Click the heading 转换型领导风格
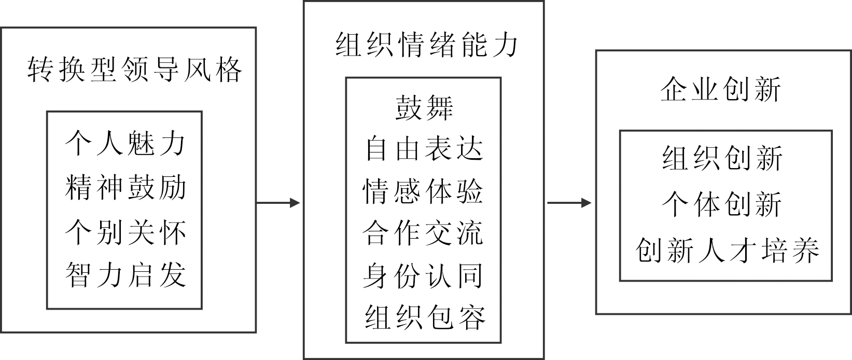click(134, 70)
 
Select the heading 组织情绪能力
click(426, 45)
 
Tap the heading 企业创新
click(720, 89)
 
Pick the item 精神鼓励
click(125, 187)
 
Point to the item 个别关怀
click(125, 231)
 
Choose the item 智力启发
click(125, 275)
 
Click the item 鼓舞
click(424, 107)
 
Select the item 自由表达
click(424, 148)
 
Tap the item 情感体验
click(424, 191)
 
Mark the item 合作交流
click(424, 233)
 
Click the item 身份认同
click(424, 275)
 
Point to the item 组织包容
click(424, 317)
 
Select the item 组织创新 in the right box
click(722, 158)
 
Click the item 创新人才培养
click(727, 250)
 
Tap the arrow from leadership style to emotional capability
click(278, 203)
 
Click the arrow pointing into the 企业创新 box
click(569, 203)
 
